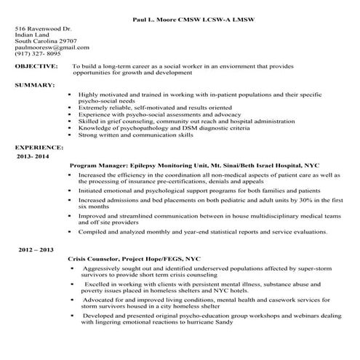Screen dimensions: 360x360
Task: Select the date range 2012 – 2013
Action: [37, 249]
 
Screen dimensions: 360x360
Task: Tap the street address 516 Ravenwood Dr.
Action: [43, 28]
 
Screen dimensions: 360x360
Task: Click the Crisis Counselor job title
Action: [95, 258]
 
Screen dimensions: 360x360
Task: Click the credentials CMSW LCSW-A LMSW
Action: [205, 15]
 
